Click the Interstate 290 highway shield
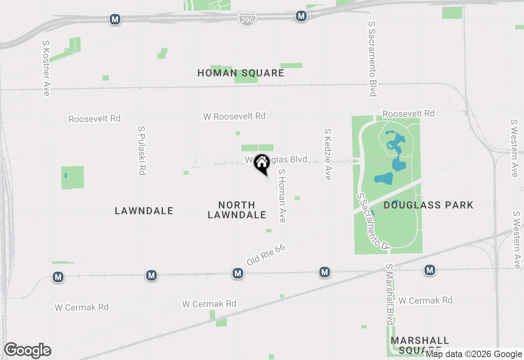[x=247, y=19]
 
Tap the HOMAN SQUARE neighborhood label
[x=241, y=73]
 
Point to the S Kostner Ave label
[x=46, y=68]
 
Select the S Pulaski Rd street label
[x=142, y=150]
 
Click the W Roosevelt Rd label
[x=234, y=116]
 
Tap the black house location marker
[x=261, y=164]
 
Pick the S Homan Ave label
[x=282, y=196]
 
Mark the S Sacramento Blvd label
[x=372, y=59]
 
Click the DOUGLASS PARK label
[x=428, y=205]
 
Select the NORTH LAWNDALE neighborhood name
[x=237, y=210]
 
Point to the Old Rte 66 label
[x=266, y=255]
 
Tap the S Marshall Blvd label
[x=389, y=295]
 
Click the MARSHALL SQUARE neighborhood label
[x=420, y=345]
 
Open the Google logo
[x=27, y=350]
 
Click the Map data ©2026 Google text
[x=474, y=354]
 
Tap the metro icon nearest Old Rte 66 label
[x=238, y=273]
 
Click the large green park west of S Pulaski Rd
[x=72, y=178]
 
